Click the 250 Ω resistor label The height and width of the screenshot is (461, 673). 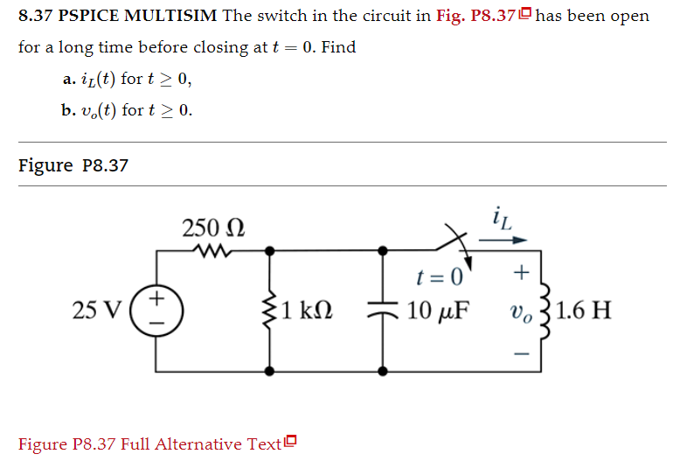[213, 229]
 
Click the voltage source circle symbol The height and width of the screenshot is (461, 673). [157, 311]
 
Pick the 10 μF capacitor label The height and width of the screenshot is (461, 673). [436, 311]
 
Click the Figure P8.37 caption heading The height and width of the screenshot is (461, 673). [73, 164]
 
